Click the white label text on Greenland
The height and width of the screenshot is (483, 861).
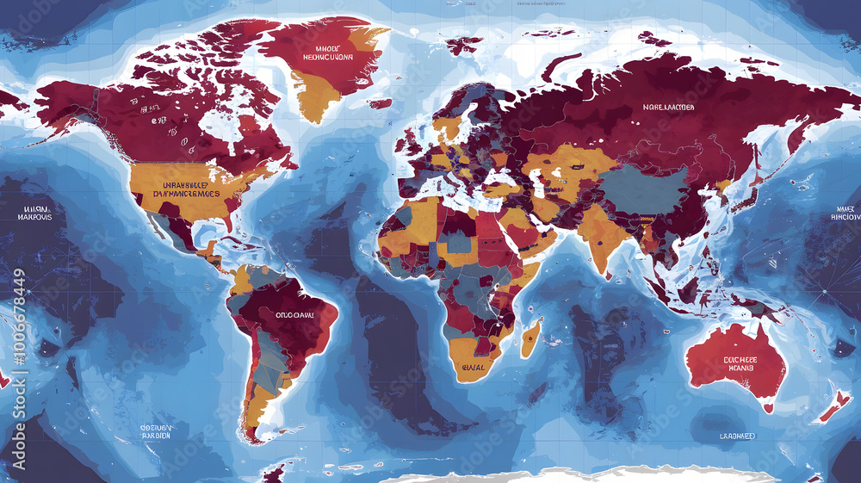[x=328, y=53]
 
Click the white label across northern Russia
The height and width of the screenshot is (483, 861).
[x=667, y=108]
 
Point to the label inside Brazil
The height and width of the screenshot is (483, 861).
[x=294, y=315]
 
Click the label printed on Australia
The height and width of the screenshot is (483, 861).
[x=740, y=362]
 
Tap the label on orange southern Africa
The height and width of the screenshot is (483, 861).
[x=473, y=368]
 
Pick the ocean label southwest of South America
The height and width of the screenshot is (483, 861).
[x=156, y=430]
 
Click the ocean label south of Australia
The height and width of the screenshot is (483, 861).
[x=737, y=437]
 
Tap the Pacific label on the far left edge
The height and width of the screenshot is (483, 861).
[x=35, y=212]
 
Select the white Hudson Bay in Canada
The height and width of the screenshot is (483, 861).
[x=226, y=129]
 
